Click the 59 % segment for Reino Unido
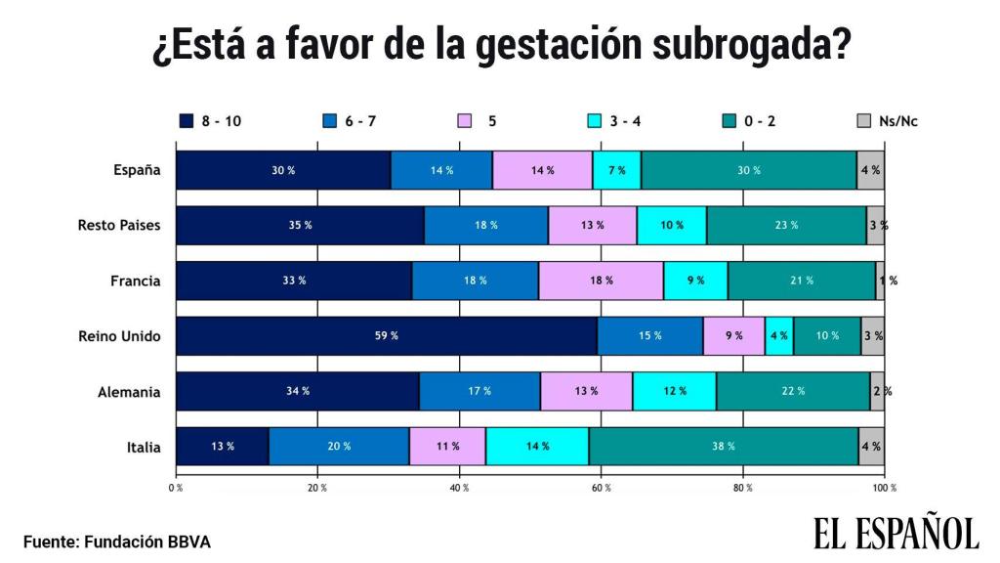point(386,335)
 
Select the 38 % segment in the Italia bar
point(723,446)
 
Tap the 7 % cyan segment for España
point(616,170)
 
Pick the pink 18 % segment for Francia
point(601,281)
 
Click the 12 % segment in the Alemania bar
point(674,391)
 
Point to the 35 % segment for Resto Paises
point(300,225)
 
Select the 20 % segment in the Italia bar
point(338,446)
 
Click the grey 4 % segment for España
point(870,170)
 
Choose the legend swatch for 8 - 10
point(186,121)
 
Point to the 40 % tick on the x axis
point(459,486)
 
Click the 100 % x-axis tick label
point(884,486)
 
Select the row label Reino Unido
point(119,335)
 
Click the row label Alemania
point(129,391)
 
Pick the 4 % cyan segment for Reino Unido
point(778,335)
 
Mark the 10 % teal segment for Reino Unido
point(826,335)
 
